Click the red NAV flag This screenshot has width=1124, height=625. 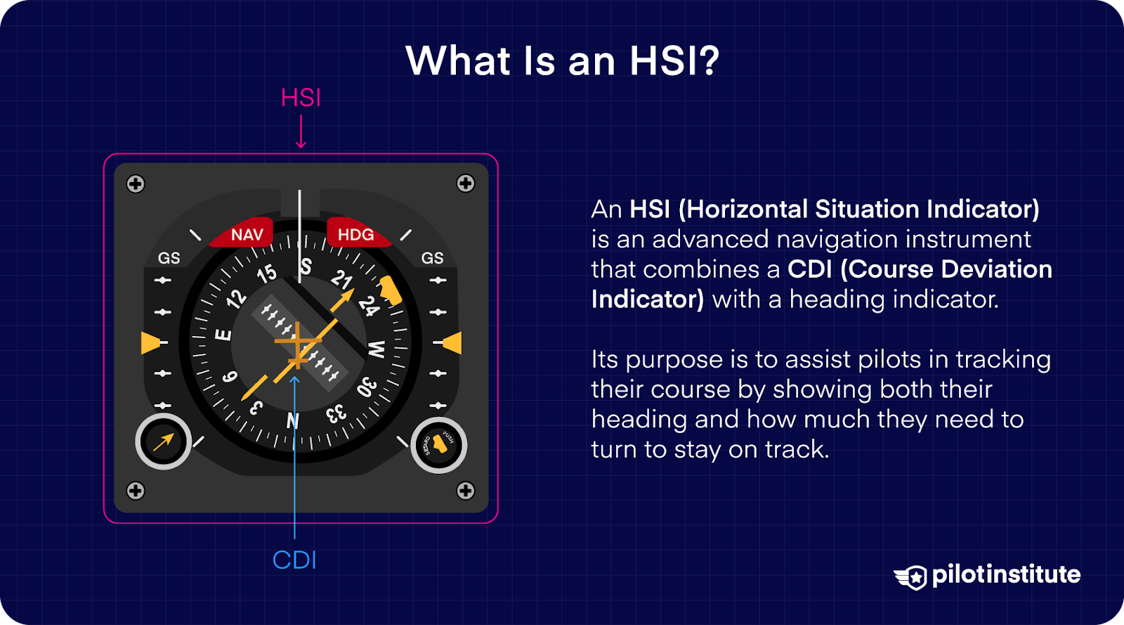[247, 234]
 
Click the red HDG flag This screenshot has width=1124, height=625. [355, 234]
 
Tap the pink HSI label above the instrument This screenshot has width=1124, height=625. [301, 98]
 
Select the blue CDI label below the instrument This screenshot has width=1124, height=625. [294, 560]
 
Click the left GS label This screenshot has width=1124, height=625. [169, 258]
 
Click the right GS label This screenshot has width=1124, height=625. [432, 258]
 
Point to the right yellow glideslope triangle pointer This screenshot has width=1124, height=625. [452, 342]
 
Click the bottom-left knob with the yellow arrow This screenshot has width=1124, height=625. [163, 442]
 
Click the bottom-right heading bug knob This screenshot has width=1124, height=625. [438, 445]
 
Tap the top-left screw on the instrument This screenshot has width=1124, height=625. [136, 184]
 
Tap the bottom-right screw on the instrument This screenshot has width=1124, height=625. [466, 491]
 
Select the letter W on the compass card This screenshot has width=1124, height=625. [377, 349]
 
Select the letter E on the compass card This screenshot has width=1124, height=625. [223, 335]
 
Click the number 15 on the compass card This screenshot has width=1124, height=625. [266, 273]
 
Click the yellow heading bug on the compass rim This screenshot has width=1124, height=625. [391, 290]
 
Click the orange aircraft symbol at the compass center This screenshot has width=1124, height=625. [299, 344]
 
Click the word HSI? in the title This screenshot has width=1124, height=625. [674, 61]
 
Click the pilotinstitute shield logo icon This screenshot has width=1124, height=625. [912, 577]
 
